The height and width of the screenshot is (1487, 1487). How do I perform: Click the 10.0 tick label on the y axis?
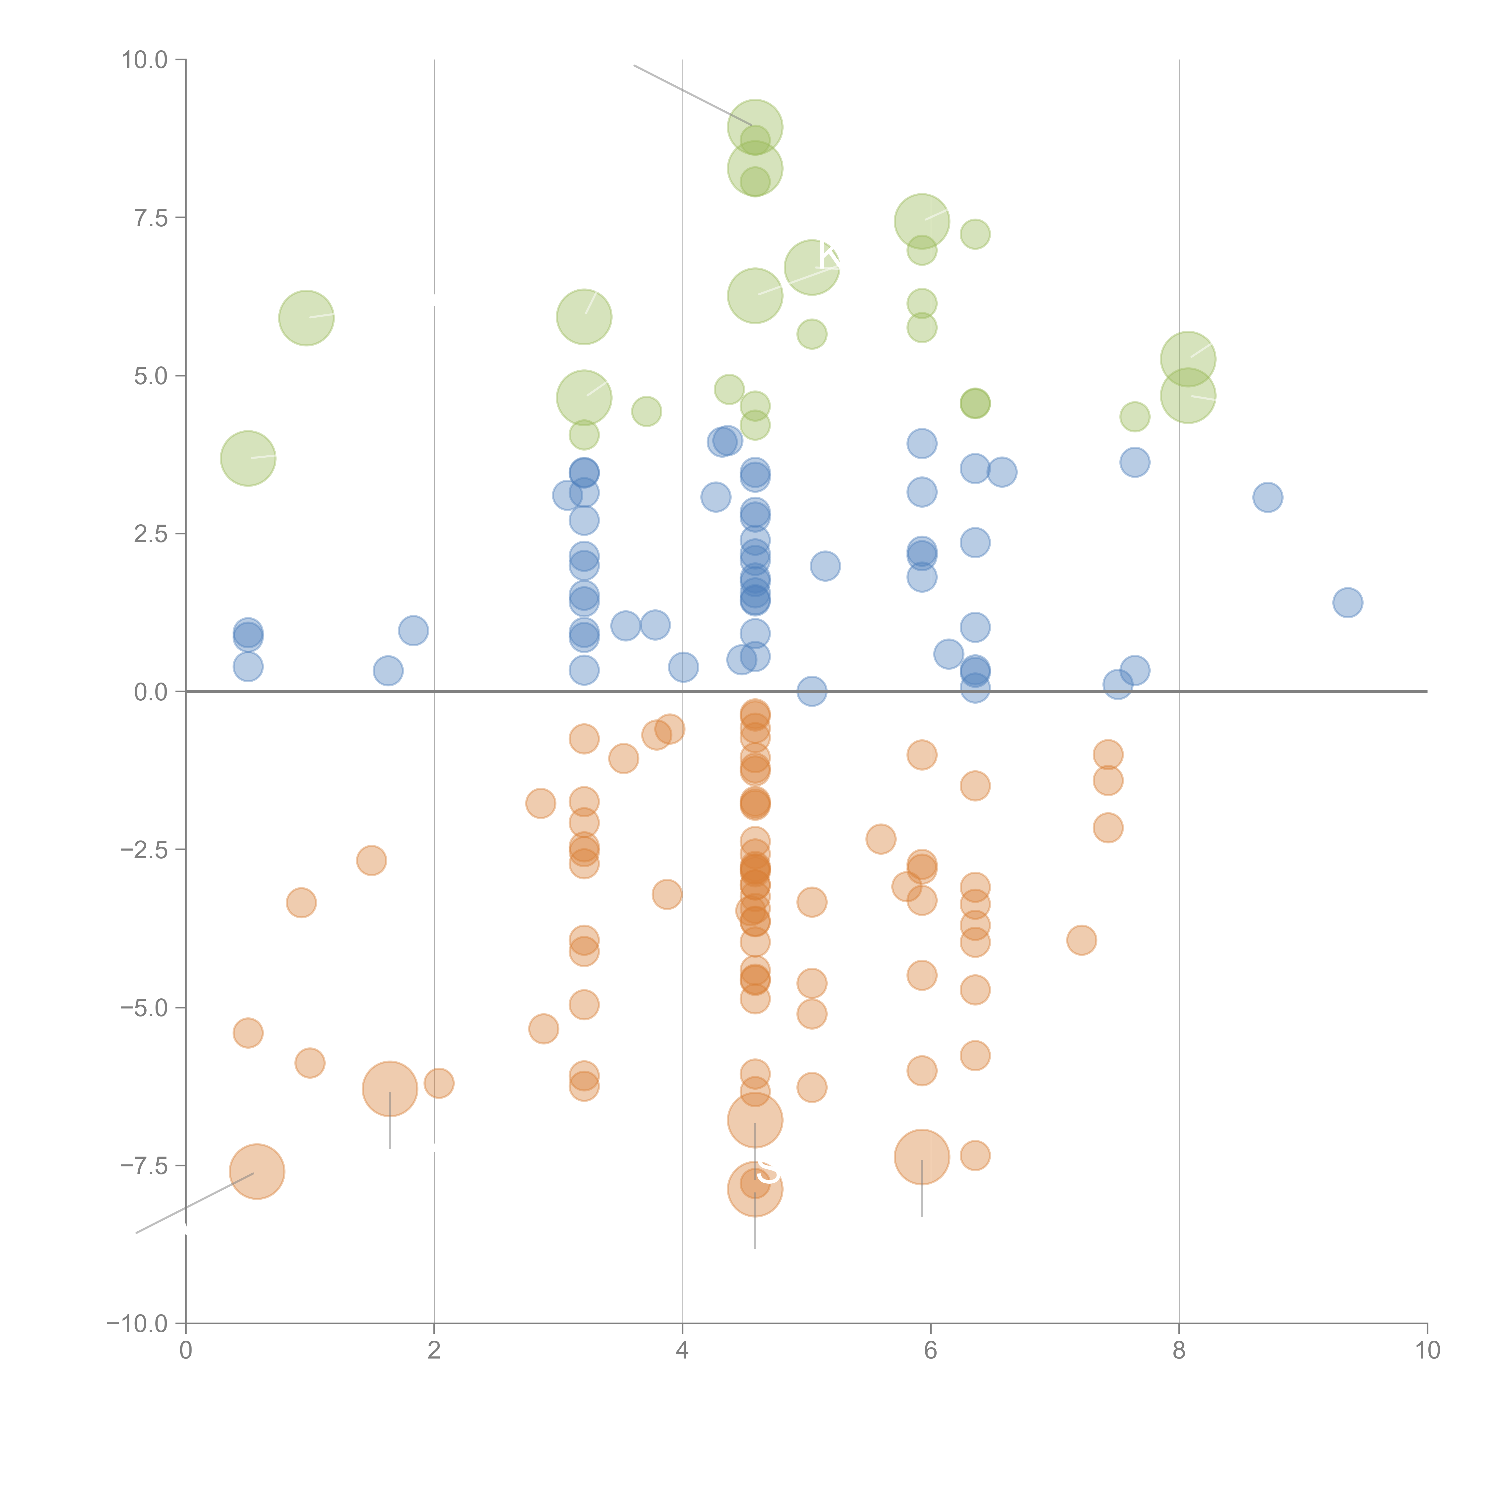coord(145,60)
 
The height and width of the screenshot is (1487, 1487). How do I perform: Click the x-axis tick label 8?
coord(1179,1351)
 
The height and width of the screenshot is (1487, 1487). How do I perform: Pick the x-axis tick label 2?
coord(434,1351)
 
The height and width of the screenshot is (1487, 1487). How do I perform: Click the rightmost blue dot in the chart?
coord(1348,603)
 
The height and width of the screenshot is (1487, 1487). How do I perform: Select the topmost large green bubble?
coord(755,127)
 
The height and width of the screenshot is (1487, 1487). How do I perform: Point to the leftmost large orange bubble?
coord(257,1171)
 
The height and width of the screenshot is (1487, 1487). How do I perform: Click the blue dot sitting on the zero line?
coord(812,691)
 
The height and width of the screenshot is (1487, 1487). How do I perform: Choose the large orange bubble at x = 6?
coord(922,1157)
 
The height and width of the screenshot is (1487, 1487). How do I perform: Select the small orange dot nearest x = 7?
coord(1081,940)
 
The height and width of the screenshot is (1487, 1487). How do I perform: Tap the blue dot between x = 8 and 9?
coord(1268,497)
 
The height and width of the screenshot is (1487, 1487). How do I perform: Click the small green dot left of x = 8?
coord(1135,417)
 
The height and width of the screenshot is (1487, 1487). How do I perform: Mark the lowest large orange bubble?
coord(755,1189)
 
